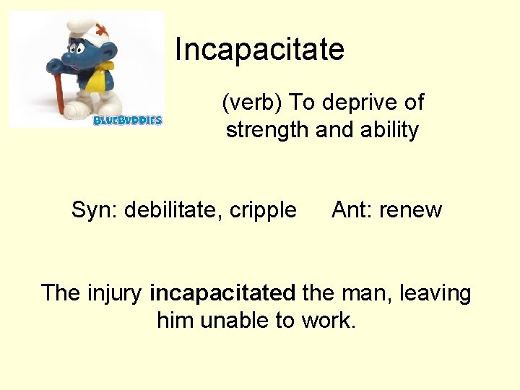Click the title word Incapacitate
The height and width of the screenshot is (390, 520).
pos(259,50)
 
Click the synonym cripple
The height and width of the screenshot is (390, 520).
pos(263,210)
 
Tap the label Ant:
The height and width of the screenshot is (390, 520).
pos(352,210)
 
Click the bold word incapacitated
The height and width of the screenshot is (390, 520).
pos(222,293)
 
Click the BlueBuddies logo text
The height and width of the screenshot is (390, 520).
pos(128,120)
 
